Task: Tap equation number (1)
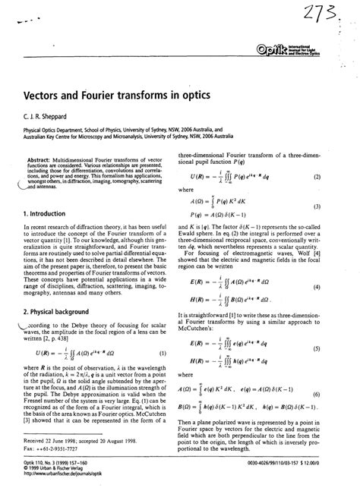(x=165, y=354)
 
